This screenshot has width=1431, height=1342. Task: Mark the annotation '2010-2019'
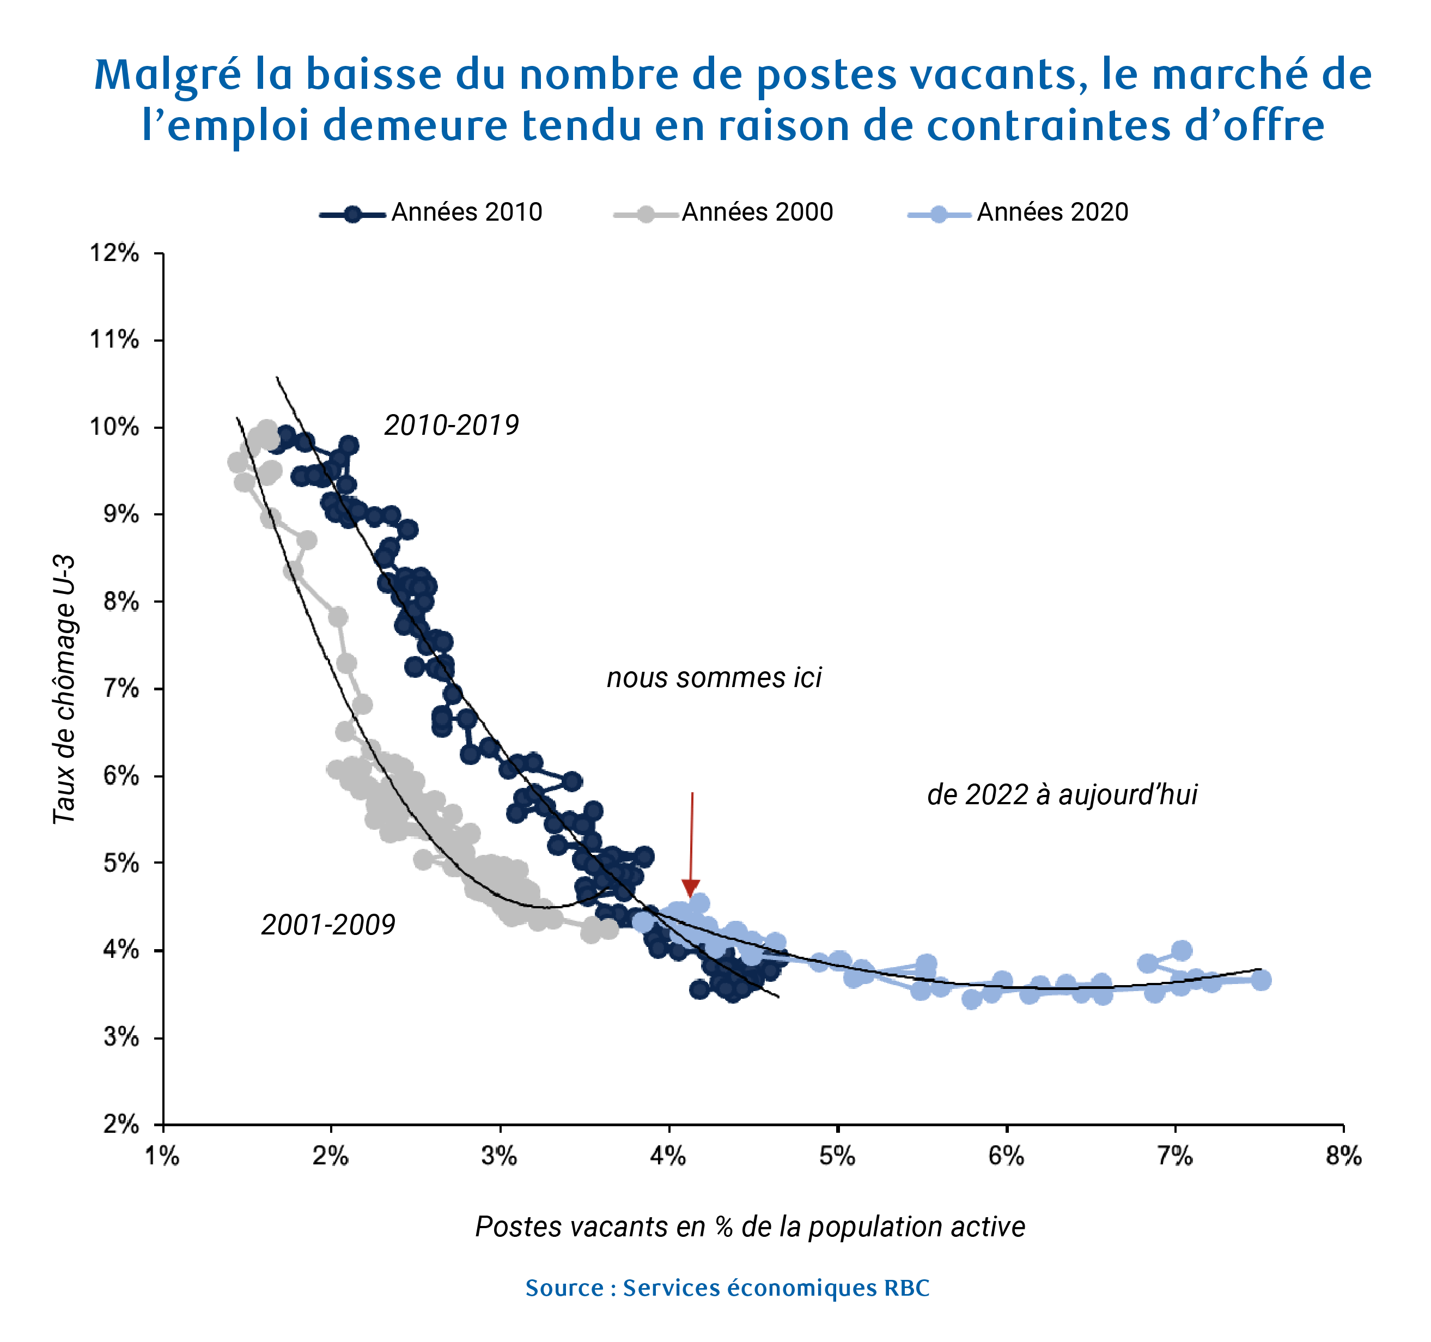pos(452,426)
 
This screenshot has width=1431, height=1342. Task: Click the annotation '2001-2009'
pos(328,925)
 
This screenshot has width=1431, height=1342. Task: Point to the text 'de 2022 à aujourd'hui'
pos(1062,795)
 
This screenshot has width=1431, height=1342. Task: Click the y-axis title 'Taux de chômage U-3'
pos(65,689)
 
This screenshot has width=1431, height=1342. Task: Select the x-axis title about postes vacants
pos(750,1226)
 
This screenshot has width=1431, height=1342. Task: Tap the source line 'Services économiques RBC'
pos(727,1288)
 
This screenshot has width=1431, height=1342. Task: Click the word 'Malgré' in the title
pos(167,75)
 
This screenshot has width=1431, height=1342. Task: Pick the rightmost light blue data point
pos(1261,980)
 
